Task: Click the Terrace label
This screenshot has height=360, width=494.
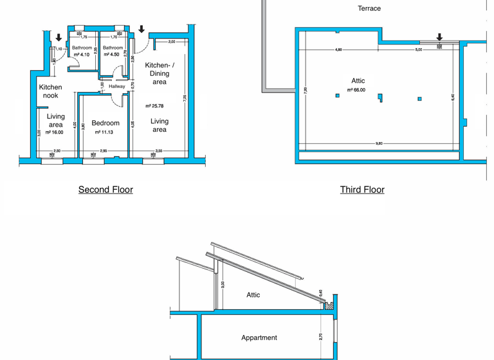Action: tap(369, 8)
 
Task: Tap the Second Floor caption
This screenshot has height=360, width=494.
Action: tap(105, 189)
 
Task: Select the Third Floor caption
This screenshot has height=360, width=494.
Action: tap(362, 189)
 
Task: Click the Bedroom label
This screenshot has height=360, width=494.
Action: tap(105, 123)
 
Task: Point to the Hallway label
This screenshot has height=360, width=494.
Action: tap(117, 86)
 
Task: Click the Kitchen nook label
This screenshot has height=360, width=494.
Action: tap(51, 91)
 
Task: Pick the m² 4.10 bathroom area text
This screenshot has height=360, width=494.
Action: tap(81, 55)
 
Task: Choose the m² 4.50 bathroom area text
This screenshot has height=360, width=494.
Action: tap(112, 55)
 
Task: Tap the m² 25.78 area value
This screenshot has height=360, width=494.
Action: tap(155, 106)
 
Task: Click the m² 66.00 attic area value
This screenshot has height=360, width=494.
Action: tap(356, 90)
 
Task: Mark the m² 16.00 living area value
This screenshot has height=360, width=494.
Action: tap(55, 132)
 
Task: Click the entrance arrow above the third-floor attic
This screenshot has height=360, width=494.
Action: tap(440, 37)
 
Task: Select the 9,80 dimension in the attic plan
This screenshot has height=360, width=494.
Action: tap(379, 143)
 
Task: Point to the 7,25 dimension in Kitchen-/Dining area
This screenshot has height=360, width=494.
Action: tap(185, 98)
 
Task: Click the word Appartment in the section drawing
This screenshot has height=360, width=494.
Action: tap(259, 337)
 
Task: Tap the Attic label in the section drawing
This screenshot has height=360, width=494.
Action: tap(253, 294)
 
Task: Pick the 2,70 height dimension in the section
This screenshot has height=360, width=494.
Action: tap(320, 336)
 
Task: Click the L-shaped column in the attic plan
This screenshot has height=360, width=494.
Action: tap(380, 98)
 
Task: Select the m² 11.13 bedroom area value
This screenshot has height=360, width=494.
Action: tap(104, 132)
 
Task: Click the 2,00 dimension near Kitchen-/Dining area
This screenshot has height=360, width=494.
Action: tap(171, 42)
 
